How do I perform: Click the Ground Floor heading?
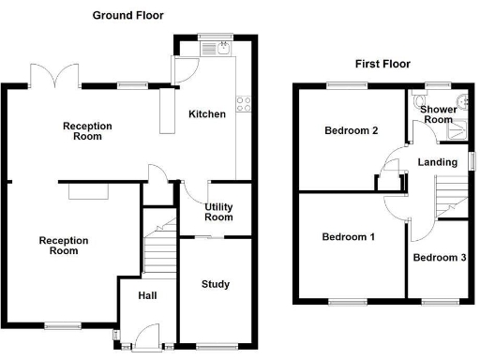click(128, 16)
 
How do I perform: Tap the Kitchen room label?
click(207, 114)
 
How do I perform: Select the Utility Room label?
click(218, 212)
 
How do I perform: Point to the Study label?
click(215, 284)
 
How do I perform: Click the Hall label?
click(147, 296)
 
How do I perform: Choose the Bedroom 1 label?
click(348, 237)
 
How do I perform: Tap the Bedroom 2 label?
click(351, 130)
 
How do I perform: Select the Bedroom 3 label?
click(439, 257)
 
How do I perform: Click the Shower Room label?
click(437, 114)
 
